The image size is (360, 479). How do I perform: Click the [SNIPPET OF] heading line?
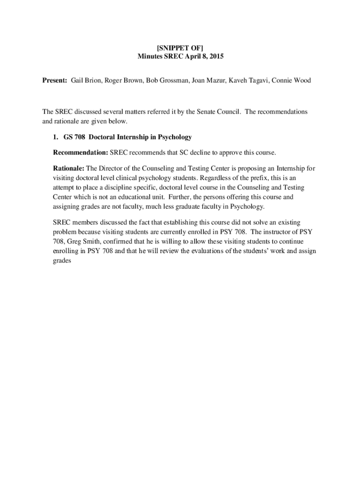[180, 47]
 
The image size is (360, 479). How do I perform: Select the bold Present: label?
[55, 80]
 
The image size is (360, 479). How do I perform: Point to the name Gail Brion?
[86, 80]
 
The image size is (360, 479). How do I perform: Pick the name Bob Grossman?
[166, 80]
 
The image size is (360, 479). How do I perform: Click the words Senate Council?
[220, 112]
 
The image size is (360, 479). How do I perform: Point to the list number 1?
[55, 137]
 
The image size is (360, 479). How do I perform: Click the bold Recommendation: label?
[80, 152]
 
